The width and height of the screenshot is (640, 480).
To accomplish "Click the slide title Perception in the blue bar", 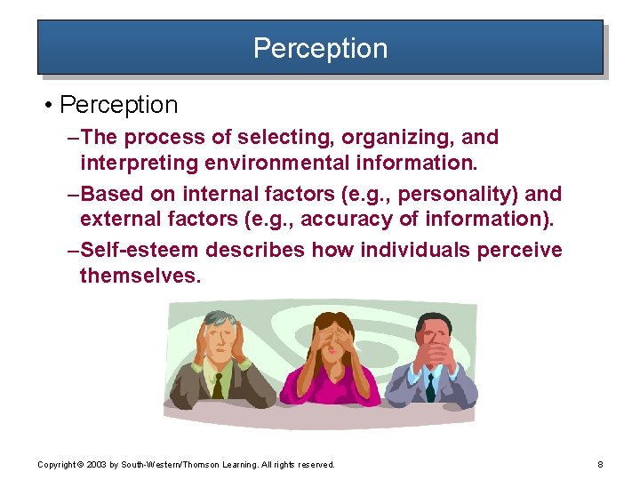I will pyautogui.click(x=320, y=48).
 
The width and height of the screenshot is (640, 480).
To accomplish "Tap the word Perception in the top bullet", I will pyautogui.click(x=119, y=105).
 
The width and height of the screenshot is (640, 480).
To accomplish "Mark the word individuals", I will pyautogui.click(x=419, y=250).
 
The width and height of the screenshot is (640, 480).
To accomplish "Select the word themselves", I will pyautogui.click(x=140, y=276).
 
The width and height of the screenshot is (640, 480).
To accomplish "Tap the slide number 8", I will pyautogui.click(x=601, y=465).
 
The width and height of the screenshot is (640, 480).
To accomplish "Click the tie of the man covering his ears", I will pyautogui.click(x=218, y=386).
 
